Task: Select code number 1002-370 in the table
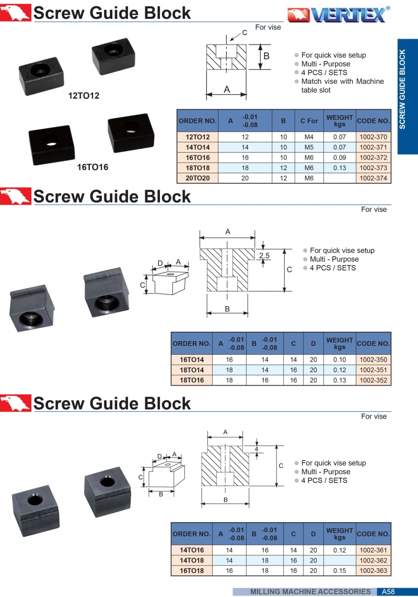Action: (x=373, y=137)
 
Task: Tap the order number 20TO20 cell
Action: (x=198, y=178)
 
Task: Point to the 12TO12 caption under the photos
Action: (x=84, y=96)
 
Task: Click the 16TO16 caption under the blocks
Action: (x=93, y=167)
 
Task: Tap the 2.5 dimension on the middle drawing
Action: (x=264, y=255)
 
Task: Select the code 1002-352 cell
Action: (x=373, y=380)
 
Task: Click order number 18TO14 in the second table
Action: (x=192, y=370)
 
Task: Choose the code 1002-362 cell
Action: (x=373, y=560)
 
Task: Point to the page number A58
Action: (x=388, y=592)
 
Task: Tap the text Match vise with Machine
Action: (x=342, y=82)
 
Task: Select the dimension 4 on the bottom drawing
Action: (x=257, y=449)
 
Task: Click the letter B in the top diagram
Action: (x=266, y=56)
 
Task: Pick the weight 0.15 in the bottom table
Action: (x=339, y=570)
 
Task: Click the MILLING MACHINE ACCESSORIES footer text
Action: (x=310, y=592)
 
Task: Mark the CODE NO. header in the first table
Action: (x=373, y=121)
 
